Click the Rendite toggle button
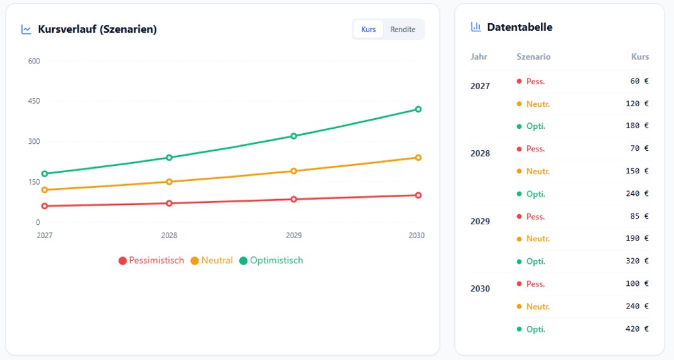tap(403, 30)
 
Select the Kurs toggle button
tap(369, 30)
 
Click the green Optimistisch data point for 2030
tap(418, 109)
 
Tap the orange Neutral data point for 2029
tap(293, 171)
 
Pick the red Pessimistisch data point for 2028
tap(169, 203)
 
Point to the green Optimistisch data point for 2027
tap(45, 173)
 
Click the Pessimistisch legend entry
tap(151, 260)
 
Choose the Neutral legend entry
tap(212, 260)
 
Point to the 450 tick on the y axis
tap(34, 101)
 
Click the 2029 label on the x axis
tap(293, 236)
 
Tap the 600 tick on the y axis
tap(34, 61)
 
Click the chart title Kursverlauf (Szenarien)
tap(97, 29)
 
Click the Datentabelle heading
tap(519, 27)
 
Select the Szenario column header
tap(533, 57)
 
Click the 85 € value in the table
tap(639, 216)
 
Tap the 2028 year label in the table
tap(480, 153)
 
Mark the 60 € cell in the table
tap(639, 81)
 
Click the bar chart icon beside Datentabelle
tap(476, 27)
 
